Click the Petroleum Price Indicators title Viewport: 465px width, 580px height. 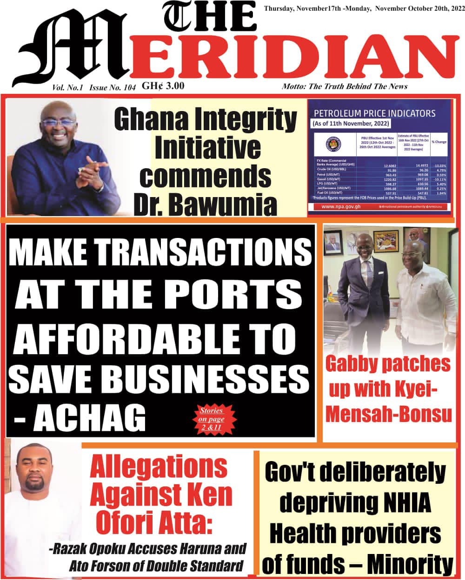pos(375,113)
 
